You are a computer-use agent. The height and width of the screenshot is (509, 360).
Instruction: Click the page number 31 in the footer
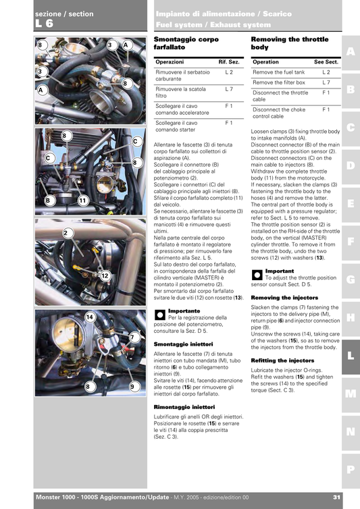336,498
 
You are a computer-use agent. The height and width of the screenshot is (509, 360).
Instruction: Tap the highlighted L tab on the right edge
350,353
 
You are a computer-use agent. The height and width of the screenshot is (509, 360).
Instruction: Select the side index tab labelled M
350,393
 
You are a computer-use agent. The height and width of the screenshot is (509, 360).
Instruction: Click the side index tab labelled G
350,279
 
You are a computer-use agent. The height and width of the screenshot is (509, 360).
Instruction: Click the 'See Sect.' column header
326,61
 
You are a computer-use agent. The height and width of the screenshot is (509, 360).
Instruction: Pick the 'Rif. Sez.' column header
229,61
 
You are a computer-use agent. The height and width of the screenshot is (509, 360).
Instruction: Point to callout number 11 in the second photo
82,200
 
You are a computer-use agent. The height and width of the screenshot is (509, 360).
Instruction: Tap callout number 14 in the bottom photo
89,317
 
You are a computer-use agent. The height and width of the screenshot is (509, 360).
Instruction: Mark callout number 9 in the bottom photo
133,386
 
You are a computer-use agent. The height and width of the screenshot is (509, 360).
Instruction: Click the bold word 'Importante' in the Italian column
184,311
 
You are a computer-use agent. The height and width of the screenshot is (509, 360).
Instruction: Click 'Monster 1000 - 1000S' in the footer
68,498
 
